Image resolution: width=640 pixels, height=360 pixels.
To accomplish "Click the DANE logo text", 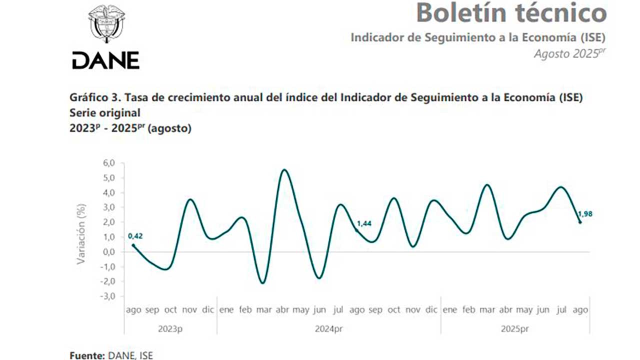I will click(105, 60).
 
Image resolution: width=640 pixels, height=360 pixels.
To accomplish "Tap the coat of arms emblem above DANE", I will click(106, 25).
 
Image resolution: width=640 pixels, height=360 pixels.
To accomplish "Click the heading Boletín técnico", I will click(511, 13).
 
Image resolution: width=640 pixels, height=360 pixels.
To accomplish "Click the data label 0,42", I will click(135, 236).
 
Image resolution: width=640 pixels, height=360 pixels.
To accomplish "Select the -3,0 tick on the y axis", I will click(109, 296).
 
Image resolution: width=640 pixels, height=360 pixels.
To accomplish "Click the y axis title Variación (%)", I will click(81, 233).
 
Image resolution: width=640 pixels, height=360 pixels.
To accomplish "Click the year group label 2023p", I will click(170, 329).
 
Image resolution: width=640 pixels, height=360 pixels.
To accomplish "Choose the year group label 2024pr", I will click(329, 329).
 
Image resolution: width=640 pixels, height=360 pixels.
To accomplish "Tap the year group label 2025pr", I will click(514, 329).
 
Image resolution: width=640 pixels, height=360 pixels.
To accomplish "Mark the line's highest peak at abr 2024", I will click(284, 170).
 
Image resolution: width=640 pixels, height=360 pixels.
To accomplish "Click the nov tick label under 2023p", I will click(189, 310).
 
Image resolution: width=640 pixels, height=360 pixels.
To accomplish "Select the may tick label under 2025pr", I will click(524, 310).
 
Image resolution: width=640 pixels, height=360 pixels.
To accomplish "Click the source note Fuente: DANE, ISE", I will click(111, 355).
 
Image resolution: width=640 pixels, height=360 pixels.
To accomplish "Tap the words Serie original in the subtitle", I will click(104, 113).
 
